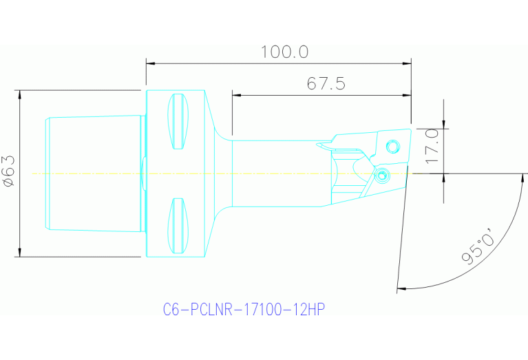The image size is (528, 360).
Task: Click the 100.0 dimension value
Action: (284, 52)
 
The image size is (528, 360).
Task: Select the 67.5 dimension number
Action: (326, 84)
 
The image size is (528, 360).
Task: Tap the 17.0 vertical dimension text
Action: (432, 145)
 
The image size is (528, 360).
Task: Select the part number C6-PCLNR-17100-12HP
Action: (243, 310)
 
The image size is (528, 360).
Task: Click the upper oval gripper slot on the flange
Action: (178, 121)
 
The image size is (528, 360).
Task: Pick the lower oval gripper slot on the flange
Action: (178, 226)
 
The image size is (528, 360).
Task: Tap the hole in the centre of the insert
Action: (393, 147)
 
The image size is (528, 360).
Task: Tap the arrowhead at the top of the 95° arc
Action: (518, 178)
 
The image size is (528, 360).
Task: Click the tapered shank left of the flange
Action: (93, 173)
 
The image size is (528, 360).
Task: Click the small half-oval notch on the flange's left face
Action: (144, 173)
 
